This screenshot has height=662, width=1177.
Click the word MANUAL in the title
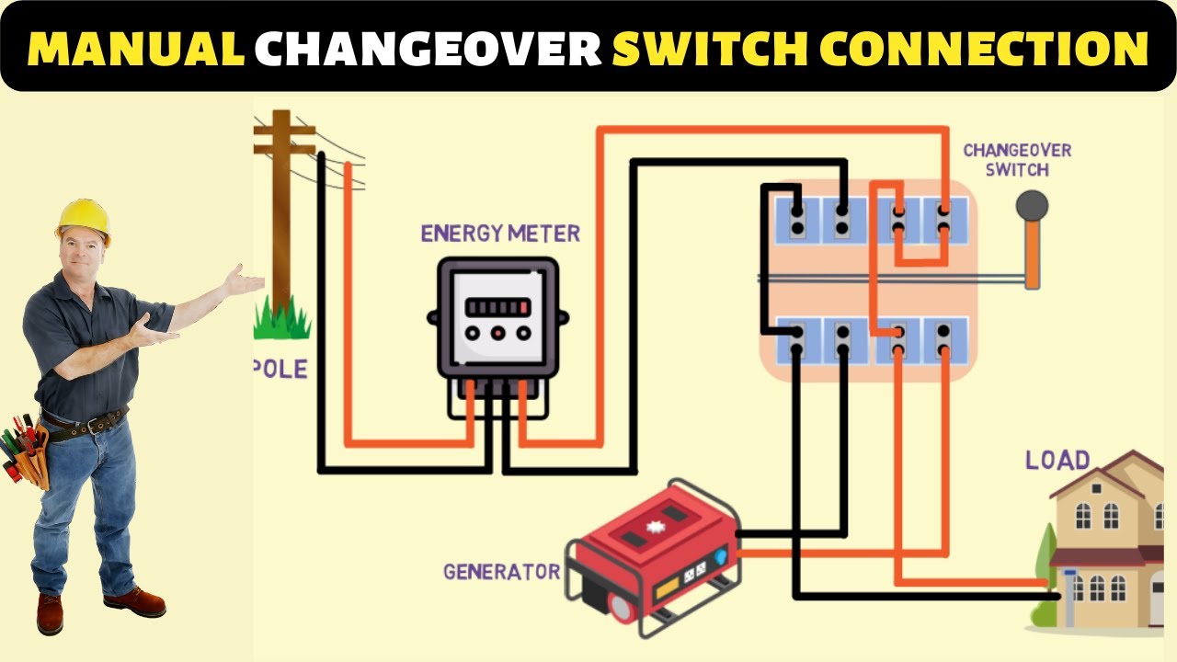(x=135, y=48)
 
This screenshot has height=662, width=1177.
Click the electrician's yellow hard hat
(x=83, y=219)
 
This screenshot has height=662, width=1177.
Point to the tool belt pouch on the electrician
(x=28, y=455)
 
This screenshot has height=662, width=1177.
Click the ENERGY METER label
(x=500, y=234)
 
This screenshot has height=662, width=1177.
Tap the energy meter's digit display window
(x=497, y=307)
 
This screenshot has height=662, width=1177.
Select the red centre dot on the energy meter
(x=497, y=334)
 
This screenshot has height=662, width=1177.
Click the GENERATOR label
(x=501, y=572)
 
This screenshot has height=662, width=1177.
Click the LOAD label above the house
(x=1057, y=460)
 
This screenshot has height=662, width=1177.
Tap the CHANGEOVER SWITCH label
(x=1017, y=160)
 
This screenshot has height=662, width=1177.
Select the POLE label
(x=280, y=370)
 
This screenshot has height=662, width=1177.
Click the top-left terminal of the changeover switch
(x=797, y=219)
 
